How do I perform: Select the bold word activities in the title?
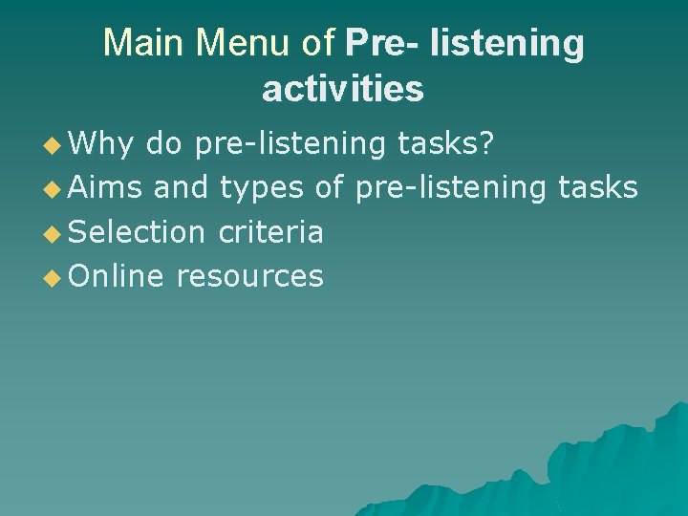[x=342, y=89]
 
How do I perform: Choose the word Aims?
[x=105, y=187]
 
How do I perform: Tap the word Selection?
[x=138, y=231]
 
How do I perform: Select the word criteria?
[x=270, y=231]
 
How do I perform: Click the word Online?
[x=117, y=276]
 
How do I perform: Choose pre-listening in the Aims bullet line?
[x=446, y=189]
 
